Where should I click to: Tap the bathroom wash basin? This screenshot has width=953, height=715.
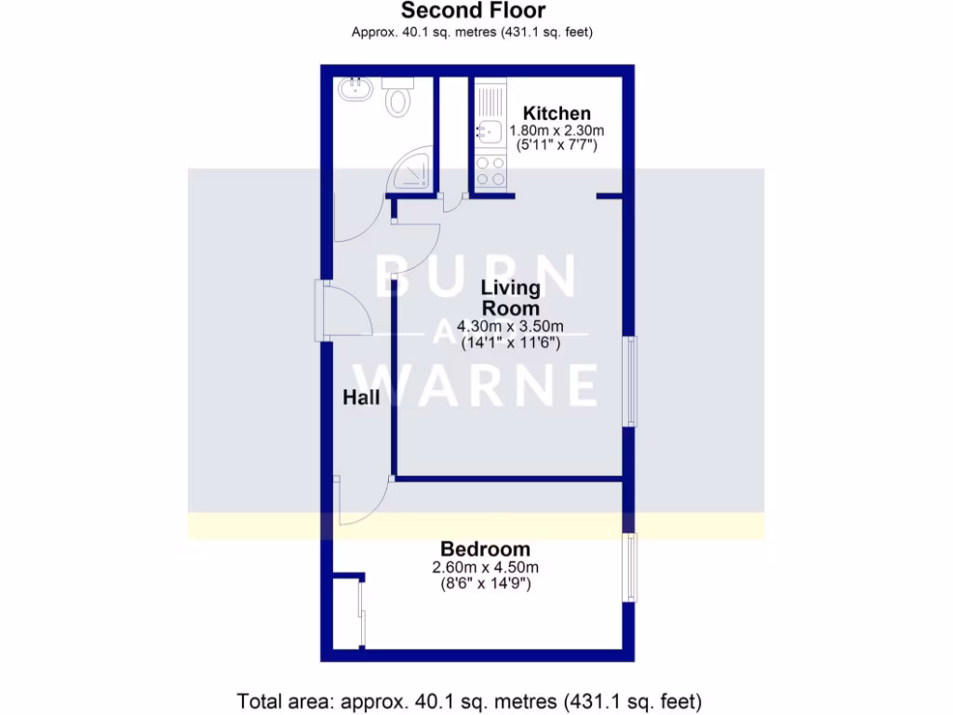point(356,90)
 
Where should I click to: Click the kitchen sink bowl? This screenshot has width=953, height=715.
point(490,131)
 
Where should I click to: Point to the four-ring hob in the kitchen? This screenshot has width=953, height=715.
point(490,171)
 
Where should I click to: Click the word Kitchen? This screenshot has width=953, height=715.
point(557,114)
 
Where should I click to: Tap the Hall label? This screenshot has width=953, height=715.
point(361,398)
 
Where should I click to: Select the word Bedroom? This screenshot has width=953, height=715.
point(485,549)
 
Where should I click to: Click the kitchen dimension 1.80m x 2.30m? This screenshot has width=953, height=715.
point(557,130)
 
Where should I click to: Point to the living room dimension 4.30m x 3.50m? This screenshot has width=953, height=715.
point(511,326)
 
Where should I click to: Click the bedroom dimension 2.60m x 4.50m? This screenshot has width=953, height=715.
point(485,567)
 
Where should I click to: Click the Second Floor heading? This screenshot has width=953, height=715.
point(473,11)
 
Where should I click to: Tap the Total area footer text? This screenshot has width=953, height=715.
point(469,699)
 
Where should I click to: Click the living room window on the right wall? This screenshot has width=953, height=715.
point(631,381)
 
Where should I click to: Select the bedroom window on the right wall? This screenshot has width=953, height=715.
point(631,567)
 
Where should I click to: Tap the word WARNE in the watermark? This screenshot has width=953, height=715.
point(484,384)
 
